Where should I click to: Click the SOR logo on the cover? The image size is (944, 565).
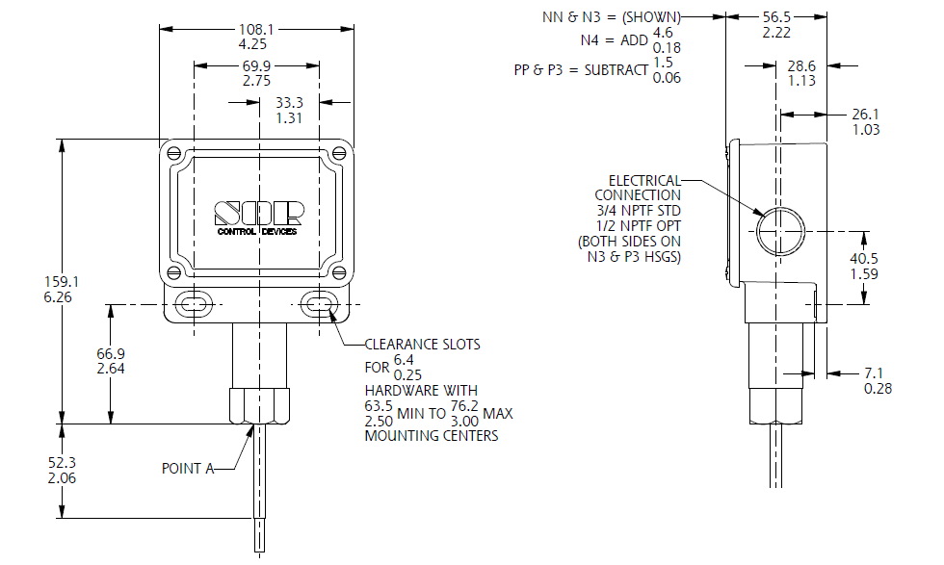click(258, 213)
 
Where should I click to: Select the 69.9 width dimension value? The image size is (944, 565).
click(256, 65)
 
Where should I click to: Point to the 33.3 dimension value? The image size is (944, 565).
click(290, 101)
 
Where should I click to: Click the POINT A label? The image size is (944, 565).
click(187, 469)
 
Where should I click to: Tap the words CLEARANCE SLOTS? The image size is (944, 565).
click(422, 344)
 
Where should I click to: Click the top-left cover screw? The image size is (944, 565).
click(173, 152)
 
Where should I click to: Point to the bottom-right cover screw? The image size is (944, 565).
click(338, 272)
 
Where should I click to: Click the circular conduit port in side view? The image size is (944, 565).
click(777, 232)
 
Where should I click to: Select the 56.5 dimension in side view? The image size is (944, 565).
click(776, 17)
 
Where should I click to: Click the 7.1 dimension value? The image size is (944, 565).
click(878, 372)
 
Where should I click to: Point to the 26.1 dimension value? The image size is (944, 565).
click(867, 114)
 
